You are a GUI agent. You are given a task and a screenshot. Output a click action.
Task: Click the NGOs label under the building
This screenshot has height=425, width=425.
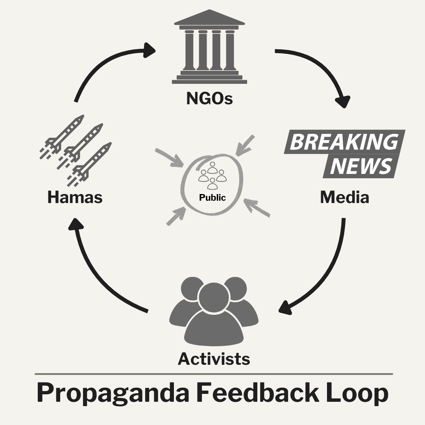209,98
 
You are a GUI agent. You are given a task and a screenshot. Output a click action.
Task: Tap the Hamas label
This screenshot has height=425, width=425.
75,197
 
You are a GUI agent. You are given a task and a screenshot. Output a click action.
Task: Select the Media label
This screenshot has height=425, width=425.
344,197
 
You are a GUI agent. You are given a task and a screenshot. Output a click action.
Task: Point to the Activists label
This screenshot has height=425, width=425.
214,358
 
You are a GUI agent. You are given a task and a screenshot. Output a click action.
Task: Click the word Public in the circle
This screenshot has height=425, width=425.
213,197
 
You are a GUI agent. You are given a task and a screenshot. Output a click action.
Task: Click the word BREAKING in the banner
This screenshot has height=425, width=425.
344,142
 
